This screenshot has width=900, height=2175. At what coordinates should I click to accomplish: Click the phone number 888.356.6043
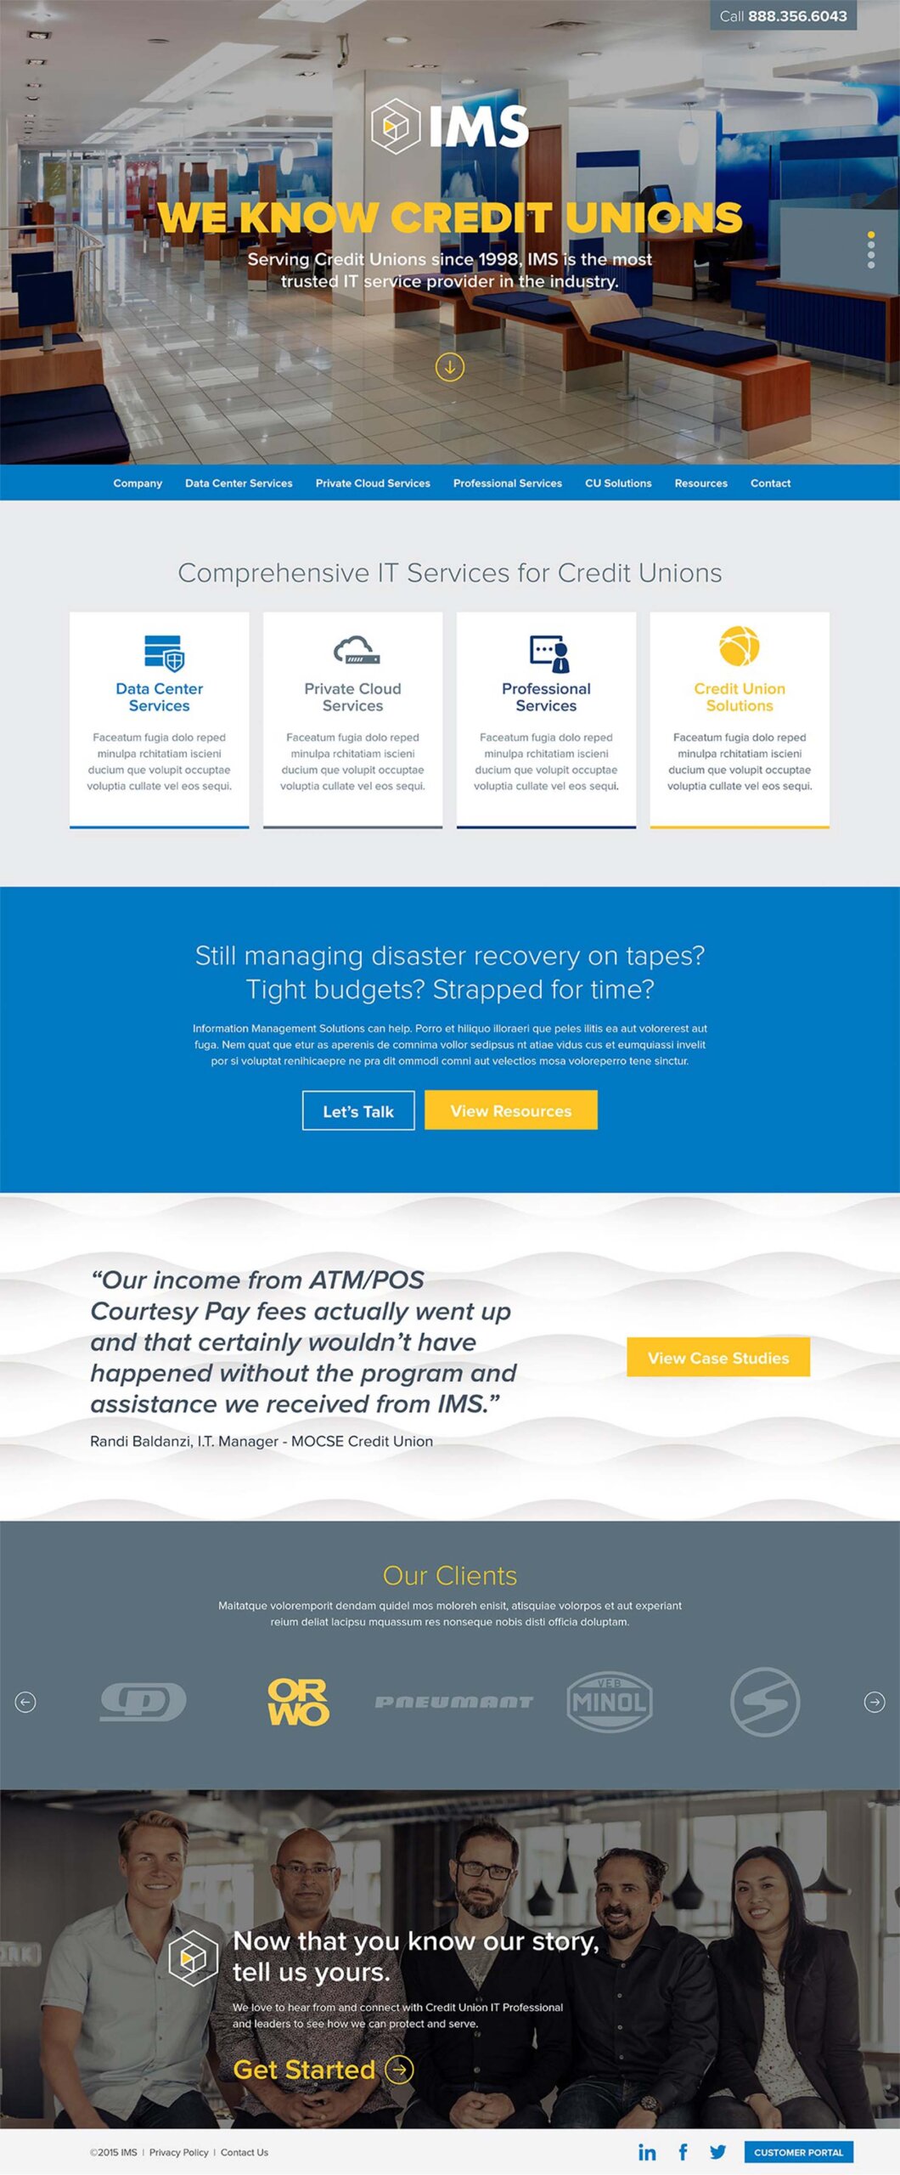click(x=797, y=16)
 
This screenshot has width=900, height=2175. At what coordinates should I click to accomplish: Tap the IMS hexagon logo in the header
click(x=396, y=126)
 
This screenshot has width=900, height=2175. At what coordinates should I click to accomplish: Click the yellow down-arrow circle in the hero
click(x=450, y=367)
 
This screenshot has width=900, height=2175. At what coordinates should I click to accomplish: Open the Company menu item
click(x=138, y=483)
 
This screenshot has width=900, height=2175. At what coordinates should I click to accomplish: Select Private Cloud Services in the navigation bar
click(x=373, y=483)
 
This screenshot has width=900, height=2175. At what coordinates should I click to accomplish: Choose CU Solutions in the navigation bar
click(x=618, y=483)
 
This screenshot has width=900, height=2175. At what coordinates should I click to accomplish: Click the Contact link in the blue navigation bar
click(x=770, y=483)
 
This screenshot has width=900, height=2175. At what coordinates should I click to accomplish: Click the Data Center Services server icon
click(x=164, y=652)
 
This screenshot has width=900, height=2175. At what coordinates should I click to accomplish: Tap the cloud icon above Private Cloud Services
click(x=357, y=650)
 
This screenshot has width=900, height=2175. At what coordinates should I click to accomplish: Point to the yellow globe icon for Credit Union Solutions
click(x=740, y=647)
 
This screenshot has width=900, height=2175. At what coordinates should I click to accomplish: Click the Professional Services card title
click(x=546, y=697)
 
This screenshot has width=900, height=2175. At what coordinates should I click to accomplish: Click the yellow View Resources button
click(x=511, y=1110)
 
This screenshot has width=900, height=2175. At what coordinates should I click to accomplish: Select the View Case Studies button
click(x=718, y=1358)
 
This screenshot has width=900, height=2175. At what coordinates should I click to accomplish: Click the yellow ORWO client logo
click(x=298, y=1702)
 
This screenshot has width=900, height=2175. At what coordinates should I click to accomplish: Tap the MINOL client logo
click(x=609, y=1702)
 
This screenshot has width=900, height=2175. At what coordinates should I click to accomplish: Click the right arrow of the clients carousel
click(x=875, y=1702)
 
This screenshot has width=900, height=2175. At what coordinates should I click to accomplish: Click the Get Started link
click(x=323, y=2070)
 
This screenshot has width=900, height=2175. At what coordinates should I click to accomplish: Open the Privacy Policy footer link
click(x=178, y=2152)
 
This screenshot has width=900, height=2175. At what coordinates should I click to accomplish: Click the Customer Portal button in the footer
click(x=799, y=2152)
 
